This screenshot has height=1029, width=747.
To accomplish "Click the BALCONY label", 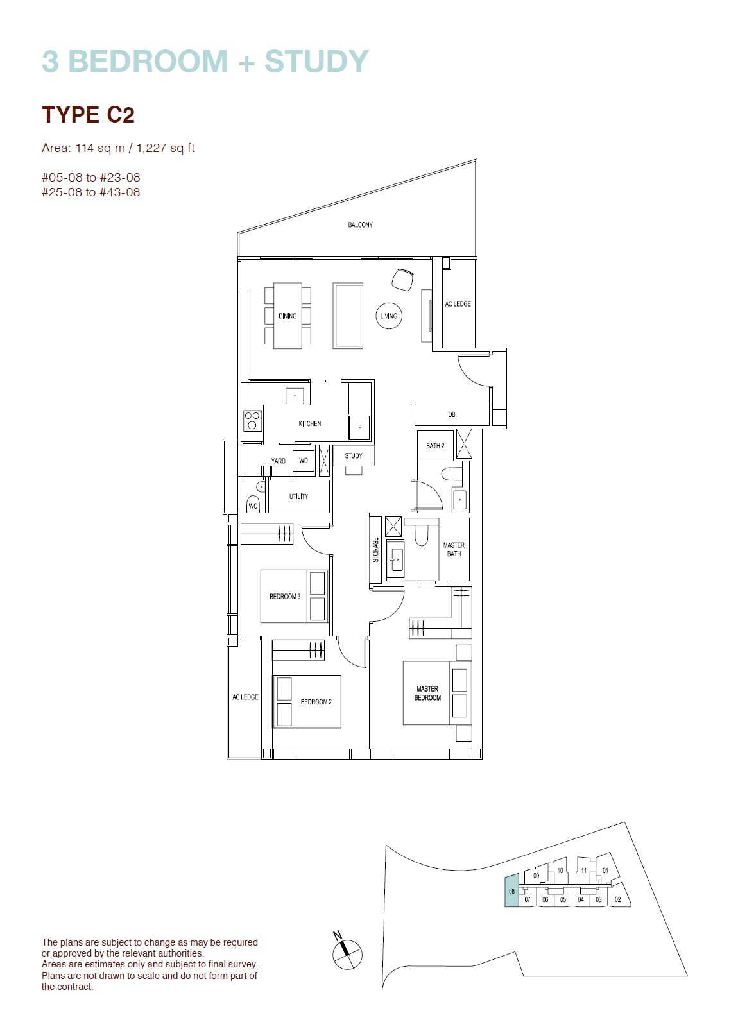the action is point(360,225).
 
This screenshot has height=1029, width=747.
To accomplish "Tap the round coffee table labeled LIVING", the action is point(389,316).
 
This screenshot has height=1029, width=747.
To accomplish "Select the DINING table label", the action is point(288,316).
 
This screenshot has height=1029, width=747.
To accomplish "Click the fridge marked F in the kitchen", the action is point(360,427).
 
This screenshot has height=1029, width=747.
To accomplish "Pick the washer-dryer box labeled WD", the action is point(304,461).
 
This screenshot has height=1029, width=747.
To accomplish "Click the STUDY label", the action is point(354,455).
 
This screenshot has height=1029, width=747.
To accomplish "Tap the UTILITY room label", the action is point(298,496).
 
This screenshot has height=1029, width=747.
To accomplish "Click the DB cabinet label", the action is point(452,414).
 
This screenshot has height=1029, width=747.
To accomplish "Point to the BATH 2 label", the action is point(435,446).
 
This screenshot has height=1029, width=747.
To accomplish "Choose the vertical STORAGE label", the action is point(375,550).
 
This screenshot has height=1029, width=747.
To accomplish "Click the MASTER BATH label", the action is point(454,549).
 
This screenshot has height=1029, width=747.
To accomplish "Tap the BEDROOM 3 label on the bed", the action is point(285,596).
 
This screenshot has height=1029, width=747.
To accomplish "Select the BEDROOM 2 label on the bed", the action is point(316,701).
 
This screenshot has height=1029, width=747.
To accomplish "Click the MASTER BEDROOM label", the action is point(427,693).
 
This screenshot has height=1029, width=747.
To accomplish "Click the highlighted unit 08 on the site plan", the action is point(511,890).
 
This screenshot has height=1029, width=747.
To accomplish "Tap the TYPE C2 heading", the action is point(88,114).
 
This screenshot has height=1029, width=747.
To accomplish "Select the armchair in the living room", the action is point(402,279).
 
